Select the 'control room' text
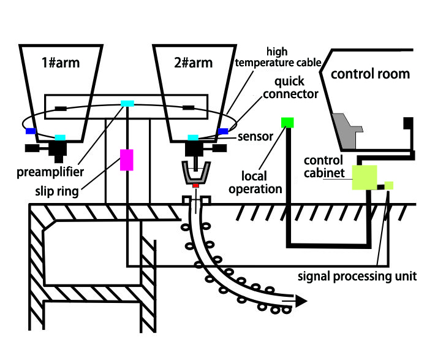370,74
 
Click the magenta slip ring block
127,159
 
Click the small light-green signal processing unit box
388,185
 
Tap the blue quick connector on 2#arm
223,131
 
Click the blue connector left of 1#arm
30,131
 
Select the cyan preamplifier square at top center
127,103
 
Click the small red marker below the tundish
195,185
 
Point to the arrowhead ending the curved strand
300,301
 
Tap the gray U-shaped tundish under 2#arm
195,172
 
